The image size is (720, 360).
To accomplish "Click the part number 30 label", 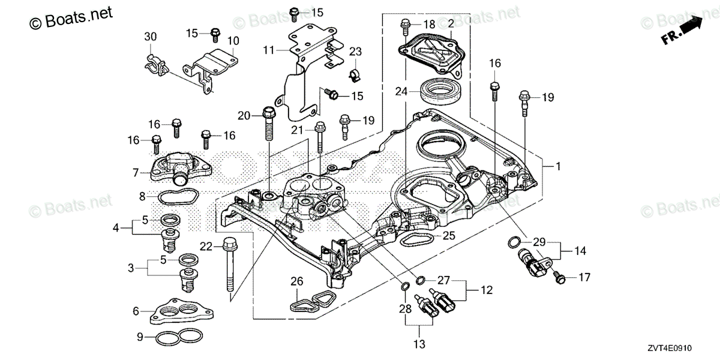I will pyautogui.click(x=150, y=37).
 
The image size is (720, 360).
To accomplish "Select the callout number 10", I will pyautogui.click(x=233, y=41).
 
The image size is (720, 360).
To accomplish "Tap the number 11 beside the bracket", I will pyautogui.click(x=268, y=50).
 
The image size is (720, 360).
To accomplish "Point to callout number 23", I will pyautogui.click(x=356, y=52).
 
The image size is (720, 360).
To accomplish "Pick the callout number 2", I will pyautogui.click(x=451, y=25).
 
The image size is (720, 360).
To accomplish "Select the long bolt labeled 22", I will pyautogui.click(x=229, y=267).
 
